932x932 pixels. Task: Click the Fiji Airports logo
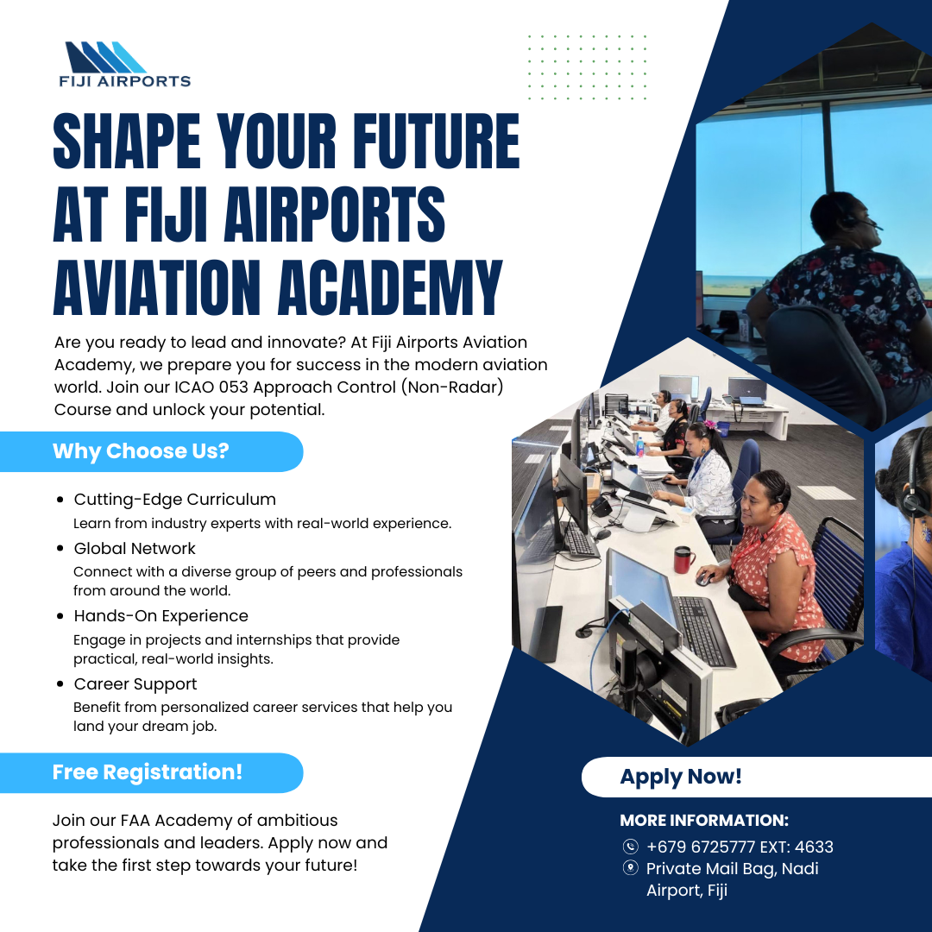coord(125,64)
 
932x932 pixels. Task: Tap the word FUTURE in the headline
coord(437,141)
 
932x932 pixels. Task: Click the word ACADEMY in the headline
coord(390,287)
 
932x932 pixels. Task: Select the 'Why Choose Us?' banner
coord(152,451)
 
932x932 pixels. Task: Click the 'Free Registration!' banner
coord(152,772)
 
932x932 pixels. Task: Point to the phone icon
coord(630,847)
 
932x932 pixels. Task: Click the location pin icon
coord(630,868)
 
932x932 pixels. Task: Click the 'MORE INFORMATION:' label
coord(704,821)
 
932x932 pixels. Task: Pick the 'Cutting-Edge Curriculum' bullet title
coord(174,500)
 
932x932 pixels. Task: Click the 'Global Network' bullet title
coord(135,548)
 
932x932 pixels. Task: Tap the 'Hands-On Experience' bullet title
coord(161,616)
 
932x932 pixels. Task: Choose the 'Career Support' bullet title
coord(135,684)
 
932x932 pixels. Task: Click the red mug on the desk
coord(683,559)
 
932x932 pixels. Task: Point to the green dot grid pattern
coord(587,67)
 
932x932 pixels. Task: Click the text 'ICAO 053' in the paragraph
coord(211,387)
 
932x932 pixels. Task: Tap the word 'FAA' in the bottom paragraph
coord(135,821)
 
